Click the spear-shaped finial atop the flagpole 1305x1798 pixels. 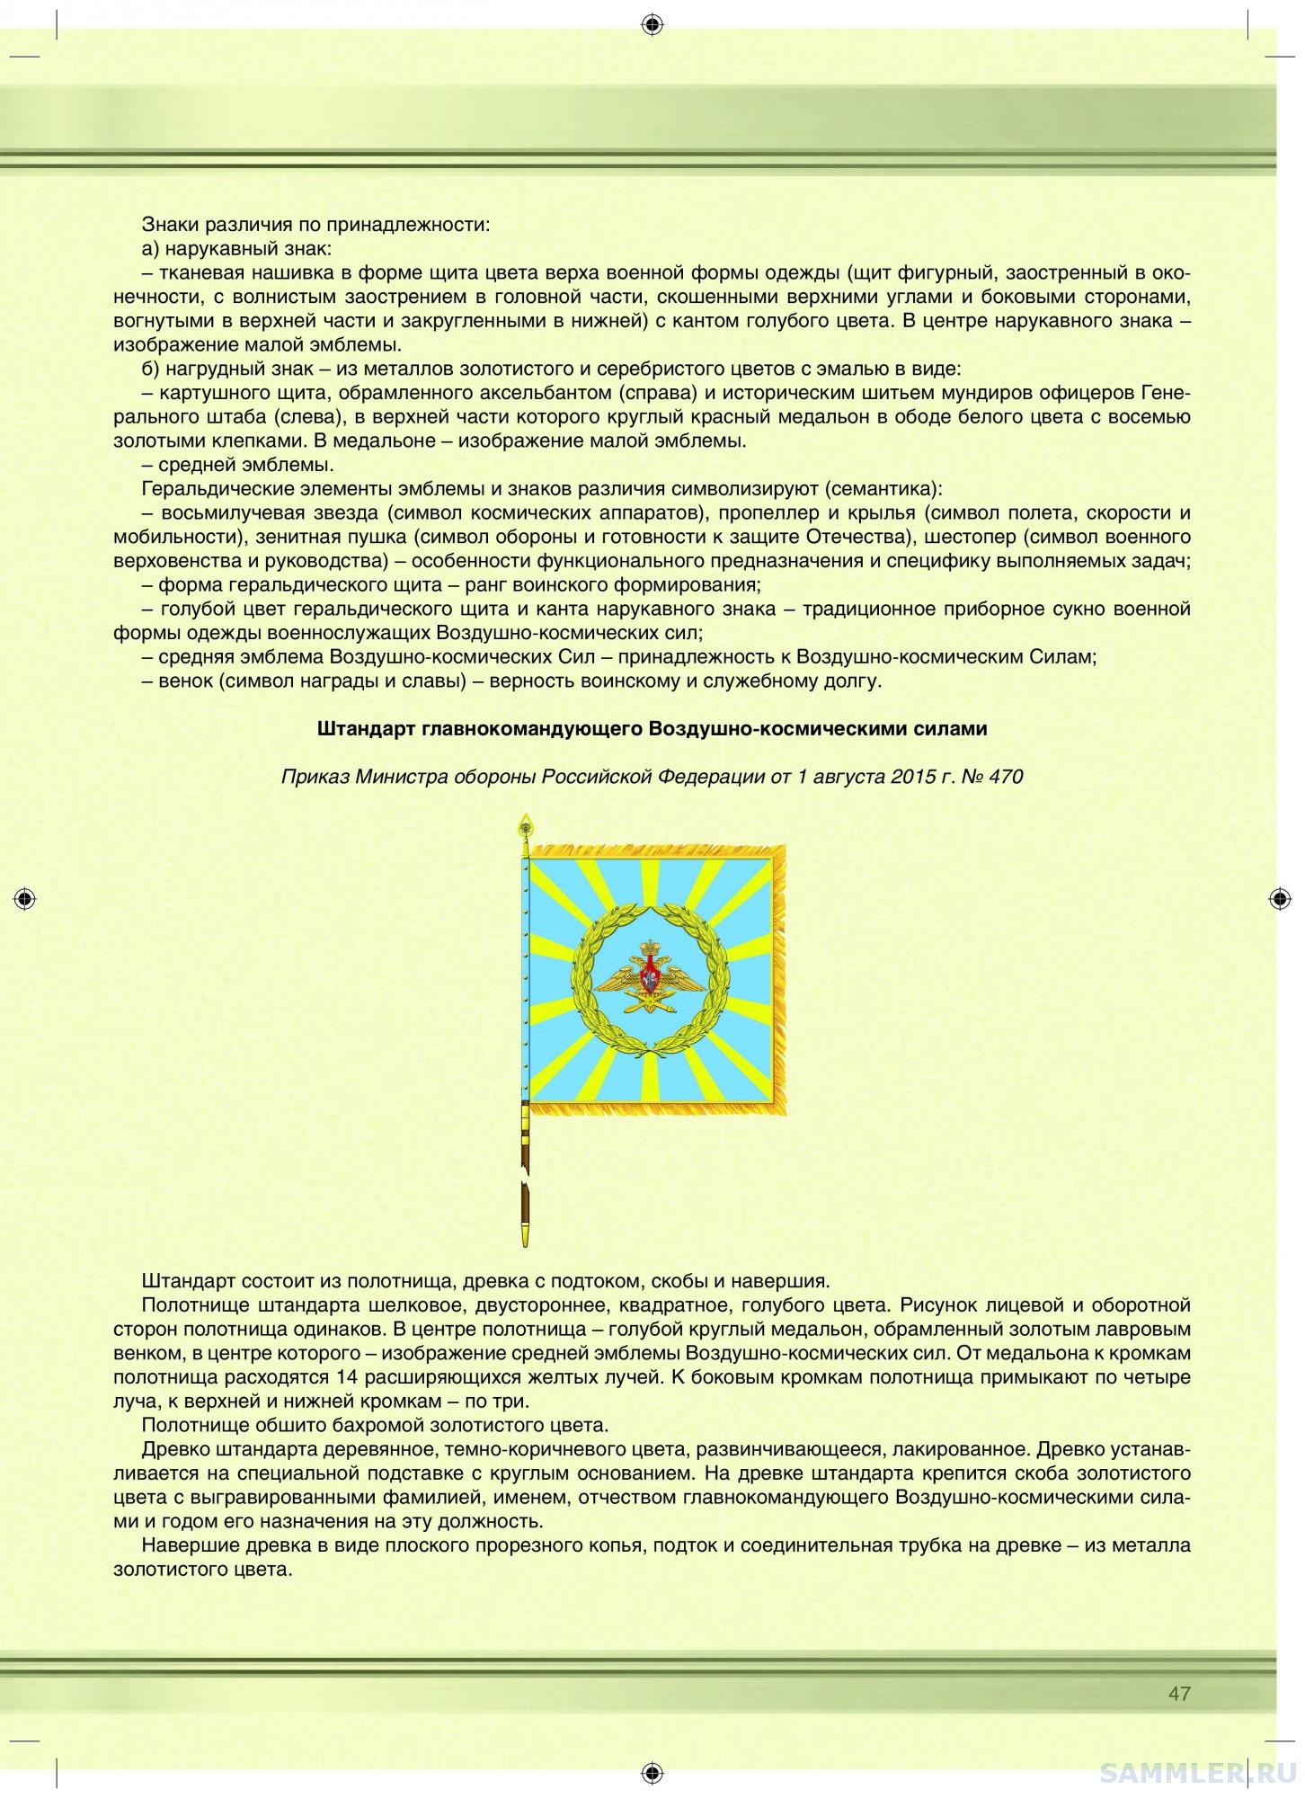[x=523, y=825]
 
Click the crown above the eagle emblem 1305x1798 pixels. [x=649, y=947]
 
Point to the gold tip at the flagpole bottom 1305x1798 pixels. [x=524, y=1235]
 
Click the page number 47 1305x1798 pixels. [x=1179, y=1694]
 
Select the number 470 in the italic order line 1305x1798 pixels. [x=1005, y=776]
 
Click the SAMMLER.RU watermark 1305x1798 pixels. [x=1199, y=1772]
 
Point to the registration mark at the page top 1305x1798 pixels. [x=652, y=24]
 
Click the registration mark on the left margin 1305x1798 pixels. [x=25, y=898]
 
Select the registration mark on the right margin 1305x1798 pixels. [x=1280, y=898]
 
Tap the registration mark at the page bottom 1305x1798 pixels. [x=652, y=1772]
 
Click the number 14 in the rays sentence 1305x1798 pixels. [x=348, y=1377]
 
